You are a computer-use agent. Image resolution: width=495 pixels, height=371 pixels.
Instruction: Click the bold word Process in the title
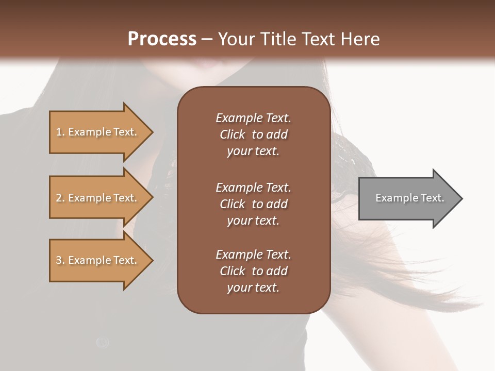[162, 39]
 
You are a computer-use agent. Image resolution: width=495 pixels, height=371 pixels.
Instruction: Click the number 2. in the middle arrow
[60, 198]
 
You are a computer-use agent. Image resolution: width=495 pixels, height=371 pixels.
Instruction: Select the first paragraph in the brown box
[253, 134]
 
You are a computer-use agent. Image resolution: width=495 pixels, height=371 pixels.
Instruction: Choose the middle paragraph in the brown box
[253, 204]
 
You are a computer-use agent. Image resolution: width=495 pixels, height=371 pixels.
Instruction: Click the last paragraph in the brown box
[253, 271]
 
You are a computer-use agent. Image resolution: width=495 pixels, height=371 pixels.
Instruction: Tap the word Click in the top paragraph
[233, 134]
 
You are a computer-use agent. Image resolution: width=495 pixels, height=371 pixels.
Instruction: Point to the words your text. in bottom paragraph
[253, 288]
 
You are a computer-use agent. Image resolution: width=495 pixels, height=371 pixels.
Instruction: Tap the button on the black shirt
[103, 342]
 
